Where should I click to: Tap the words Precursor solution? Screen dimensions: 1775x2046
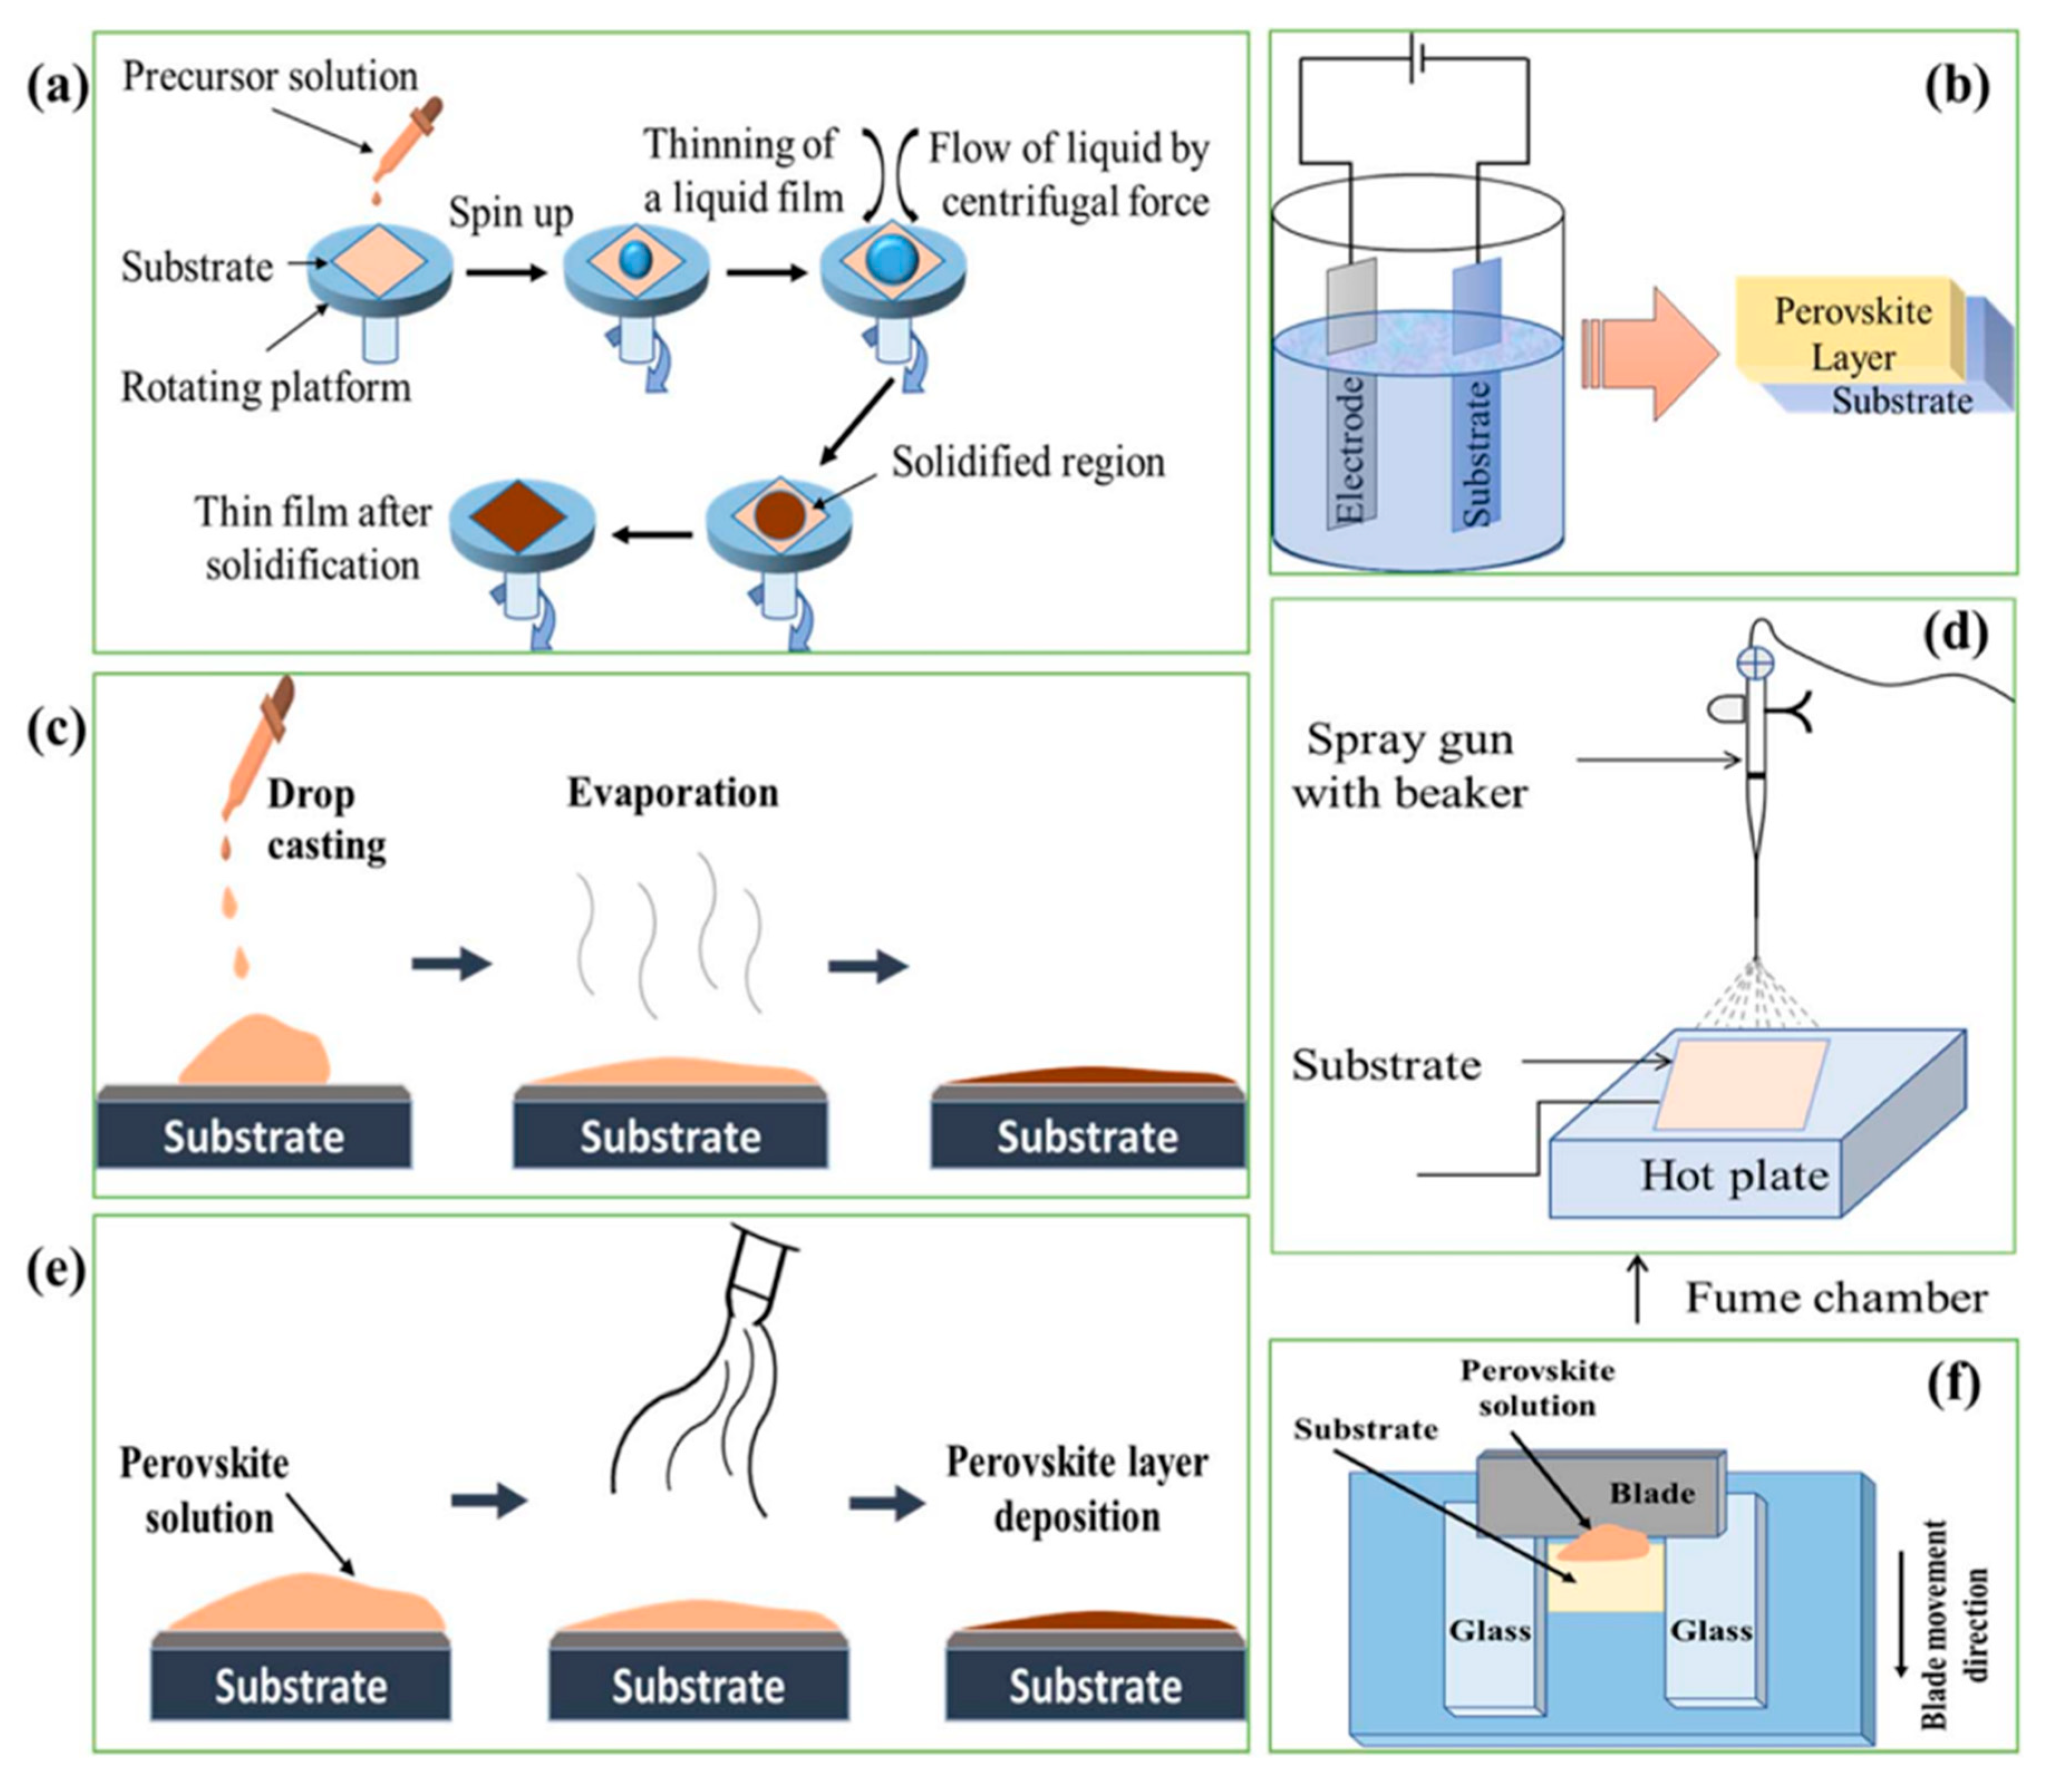(x=269, y=76)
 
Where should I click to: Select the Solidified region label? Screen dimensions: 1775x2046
(x=1027, y=462)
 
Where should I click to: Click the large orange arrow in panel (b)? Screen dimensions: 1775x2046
(x=1652, y=353)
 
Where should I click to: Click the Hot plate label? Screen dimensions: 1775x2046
(x=1734, y=1176)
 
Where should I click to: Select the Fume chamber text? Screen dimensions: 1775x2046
(x=1836, y=1297)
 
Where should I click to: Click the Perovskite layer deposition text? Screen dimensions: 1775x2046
(x=1077, y=1489)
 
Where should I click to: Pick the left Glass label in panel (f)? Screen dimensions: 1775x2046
(x=1490, y=1629)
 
